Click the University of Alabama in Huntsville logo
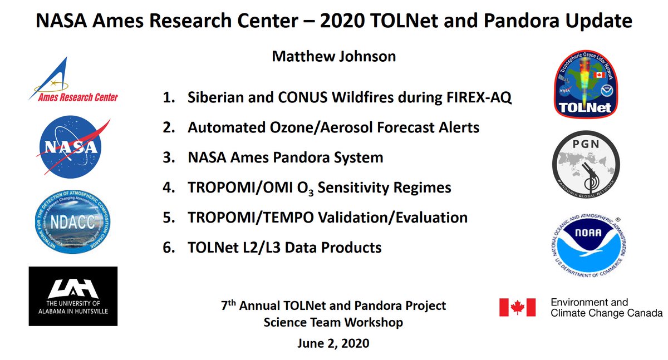pos(73,296)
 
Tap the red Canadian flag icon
pos(517,307)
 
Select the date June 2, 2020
pos(332,343)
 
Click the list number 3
pos(168,157)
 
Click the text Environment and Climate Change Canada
pos(606,308)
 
